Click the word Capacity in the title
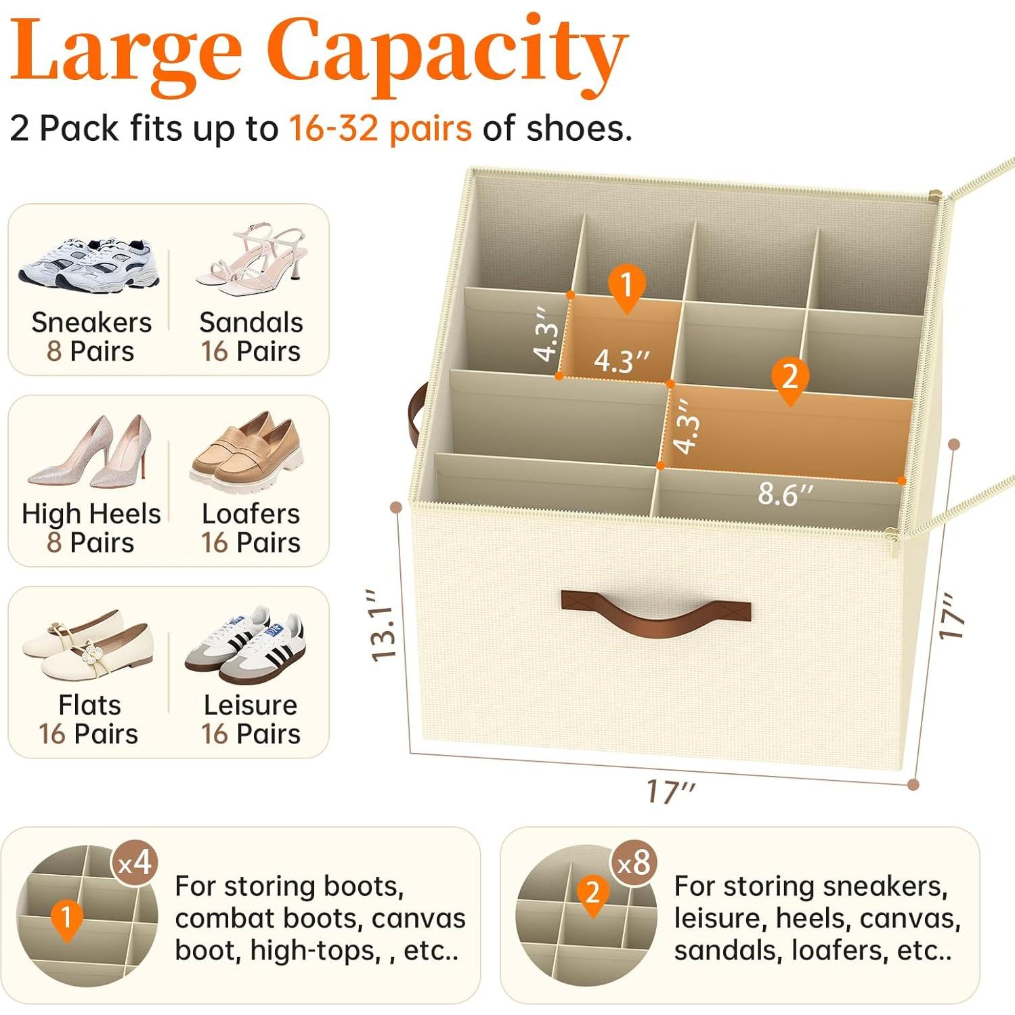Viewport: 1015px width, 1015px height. [447, 54]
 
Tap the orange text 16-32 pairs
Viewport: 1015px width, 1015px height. [380, 128]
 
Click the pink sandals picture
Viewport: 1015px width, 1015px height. [252, 261]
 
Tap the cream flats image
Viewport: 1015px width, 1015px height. [88, 643]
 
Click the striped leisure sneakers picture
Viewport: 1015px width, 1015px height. [247, 643]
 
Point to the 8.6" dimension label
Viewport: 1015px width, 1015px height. [785, 494]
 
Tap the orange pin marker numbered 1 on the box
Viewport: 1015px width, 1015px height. [627, 286]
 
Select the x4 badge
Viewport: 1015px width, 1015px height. [135, 863]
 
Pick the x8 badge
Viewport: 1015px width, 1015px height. [634, 863]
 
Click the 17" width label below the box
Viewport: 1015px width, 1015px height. [670, 791]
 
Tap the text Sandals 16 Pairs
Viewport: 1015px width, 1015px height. [251, 337]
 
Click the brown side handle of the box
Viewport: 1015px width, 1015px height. [418, 413]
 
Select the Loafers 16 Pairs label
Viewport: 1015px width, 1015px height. [251, 528]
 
